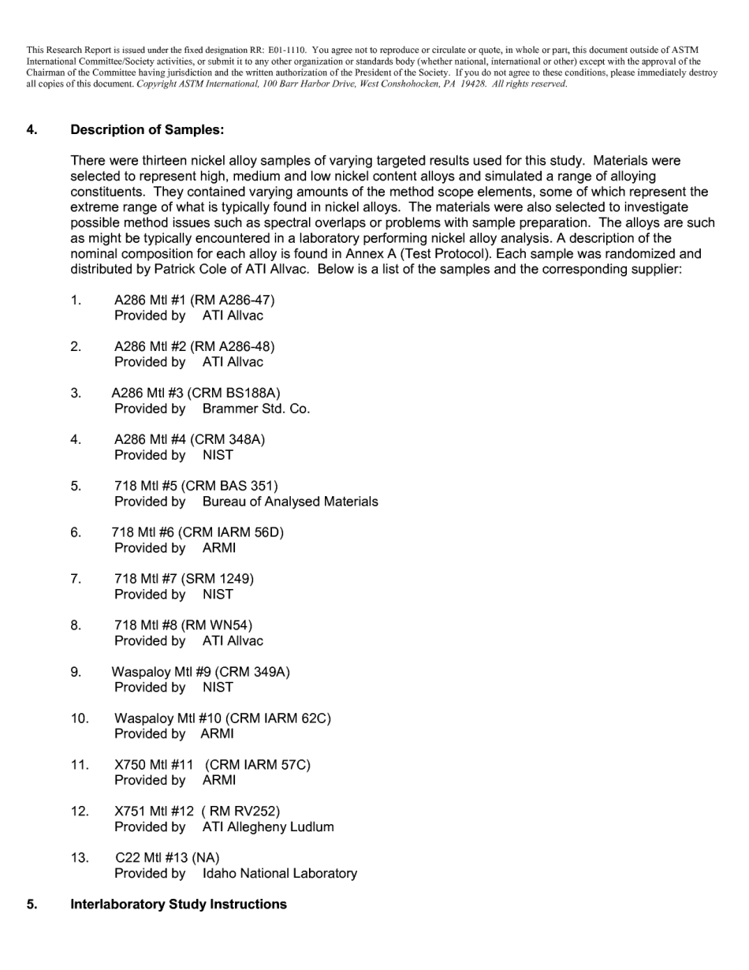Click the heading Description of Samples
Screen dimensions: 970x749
coord(147,129)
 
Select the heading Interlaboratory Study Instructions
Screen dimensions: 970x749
coord(178,904)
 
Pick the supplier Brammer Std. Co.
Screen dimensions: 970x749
coord(256,409)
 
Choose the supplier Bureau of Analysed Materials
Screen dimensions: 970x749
coord(290,502)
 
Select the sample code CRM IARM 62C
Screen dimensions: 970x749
coord(278,718)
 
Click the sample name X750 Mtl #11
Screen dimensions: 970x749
coord(154,765)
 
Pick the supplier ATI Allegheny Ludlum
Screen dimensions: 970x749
coord(268,826)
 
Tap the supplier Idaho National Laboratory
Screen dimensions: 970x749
coord(280,873)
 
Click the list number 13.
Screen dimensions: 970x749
coord(80,857)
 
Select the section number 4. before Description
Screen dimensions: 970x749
coord(32,129)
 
